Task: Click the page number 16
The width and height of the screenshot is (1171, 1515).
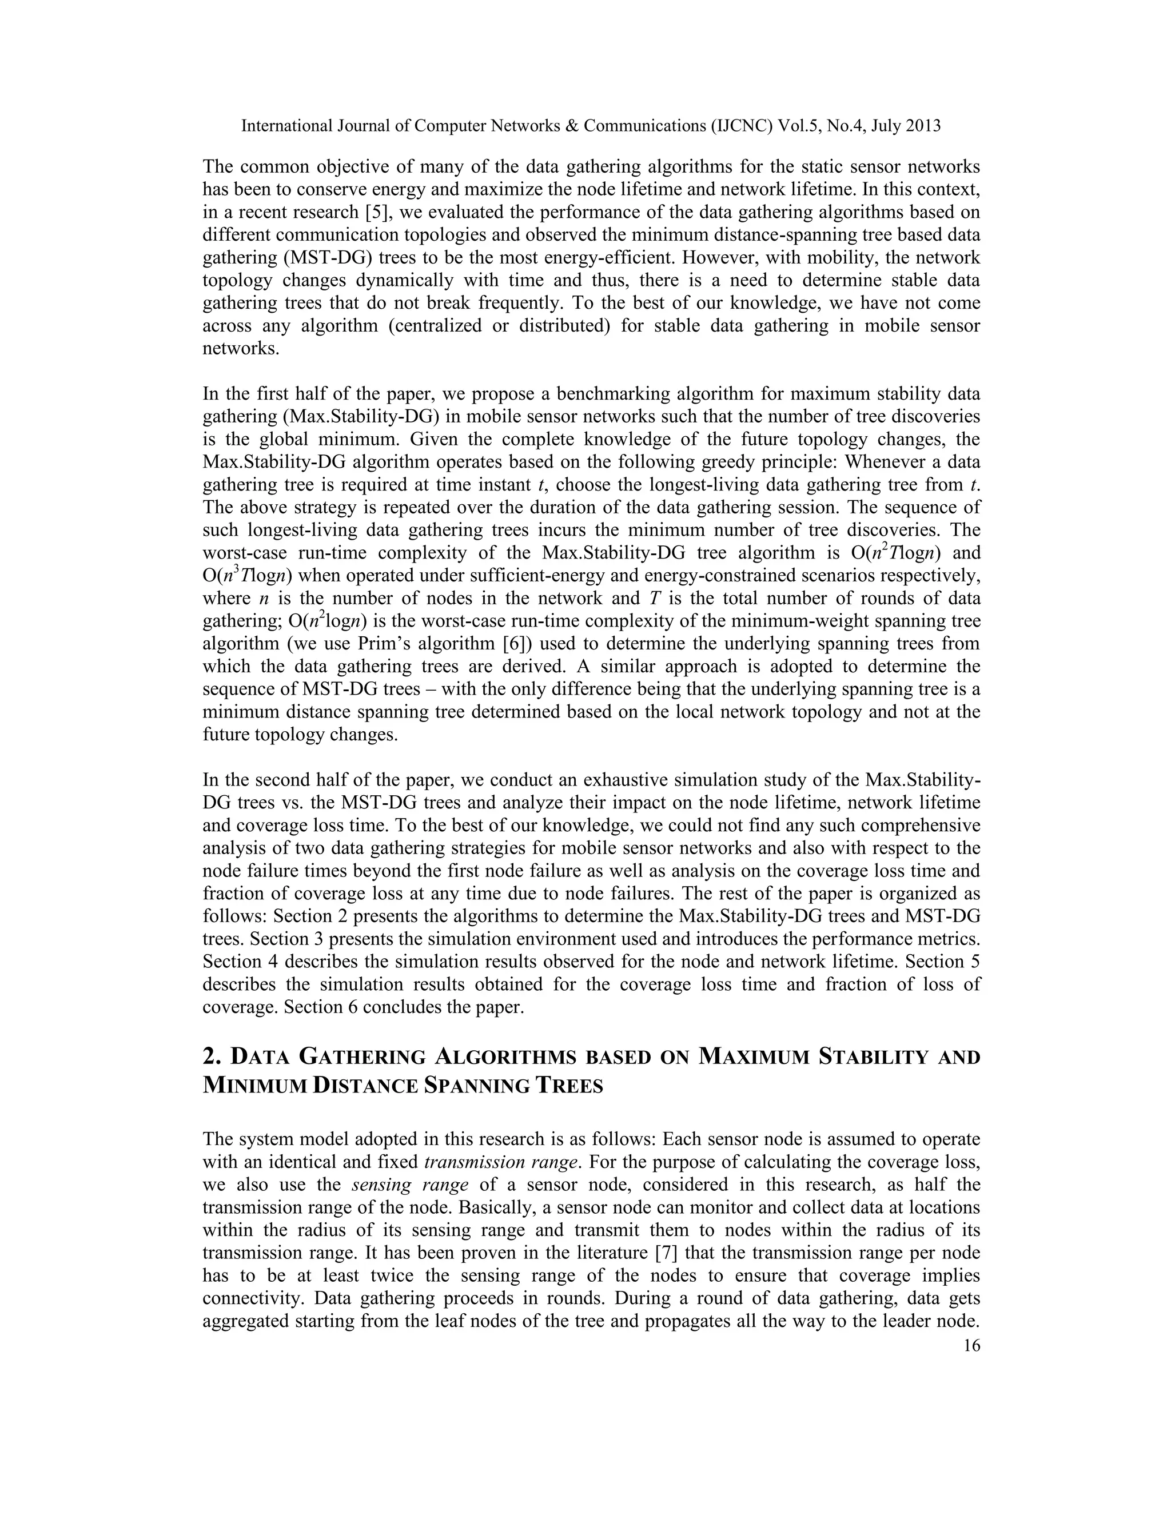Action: pos(972,1346)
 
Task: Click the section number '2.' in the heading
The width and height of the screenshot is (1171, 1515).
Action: pos(211,1057)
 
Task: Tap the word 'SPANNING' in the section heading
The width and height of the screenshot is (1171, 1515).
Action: pos(477,1086)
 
